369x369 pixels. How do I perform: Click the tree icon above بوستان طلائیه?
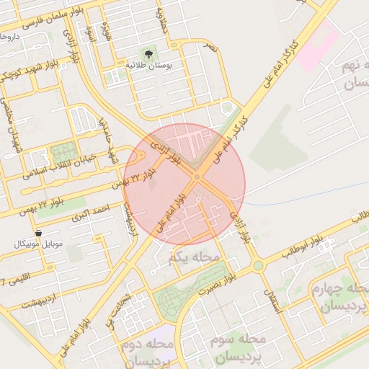click(148, 54)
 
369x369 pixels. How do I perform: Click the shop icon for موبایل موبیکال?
click(37, 233)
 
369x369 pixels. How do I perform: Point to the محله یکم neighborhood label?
click(194, 257)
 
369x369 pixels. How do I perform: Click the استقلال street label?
click(273, 296)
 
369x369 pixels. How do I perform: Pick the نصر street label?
click(209, 46)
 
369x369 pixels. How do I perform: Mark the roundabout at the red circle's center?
click(197, 177)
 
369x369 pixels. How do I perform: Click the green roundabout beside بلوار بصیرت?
click(257, 266)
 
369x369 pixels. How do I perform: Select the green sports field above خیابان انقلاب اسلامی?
click(63, 153)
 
